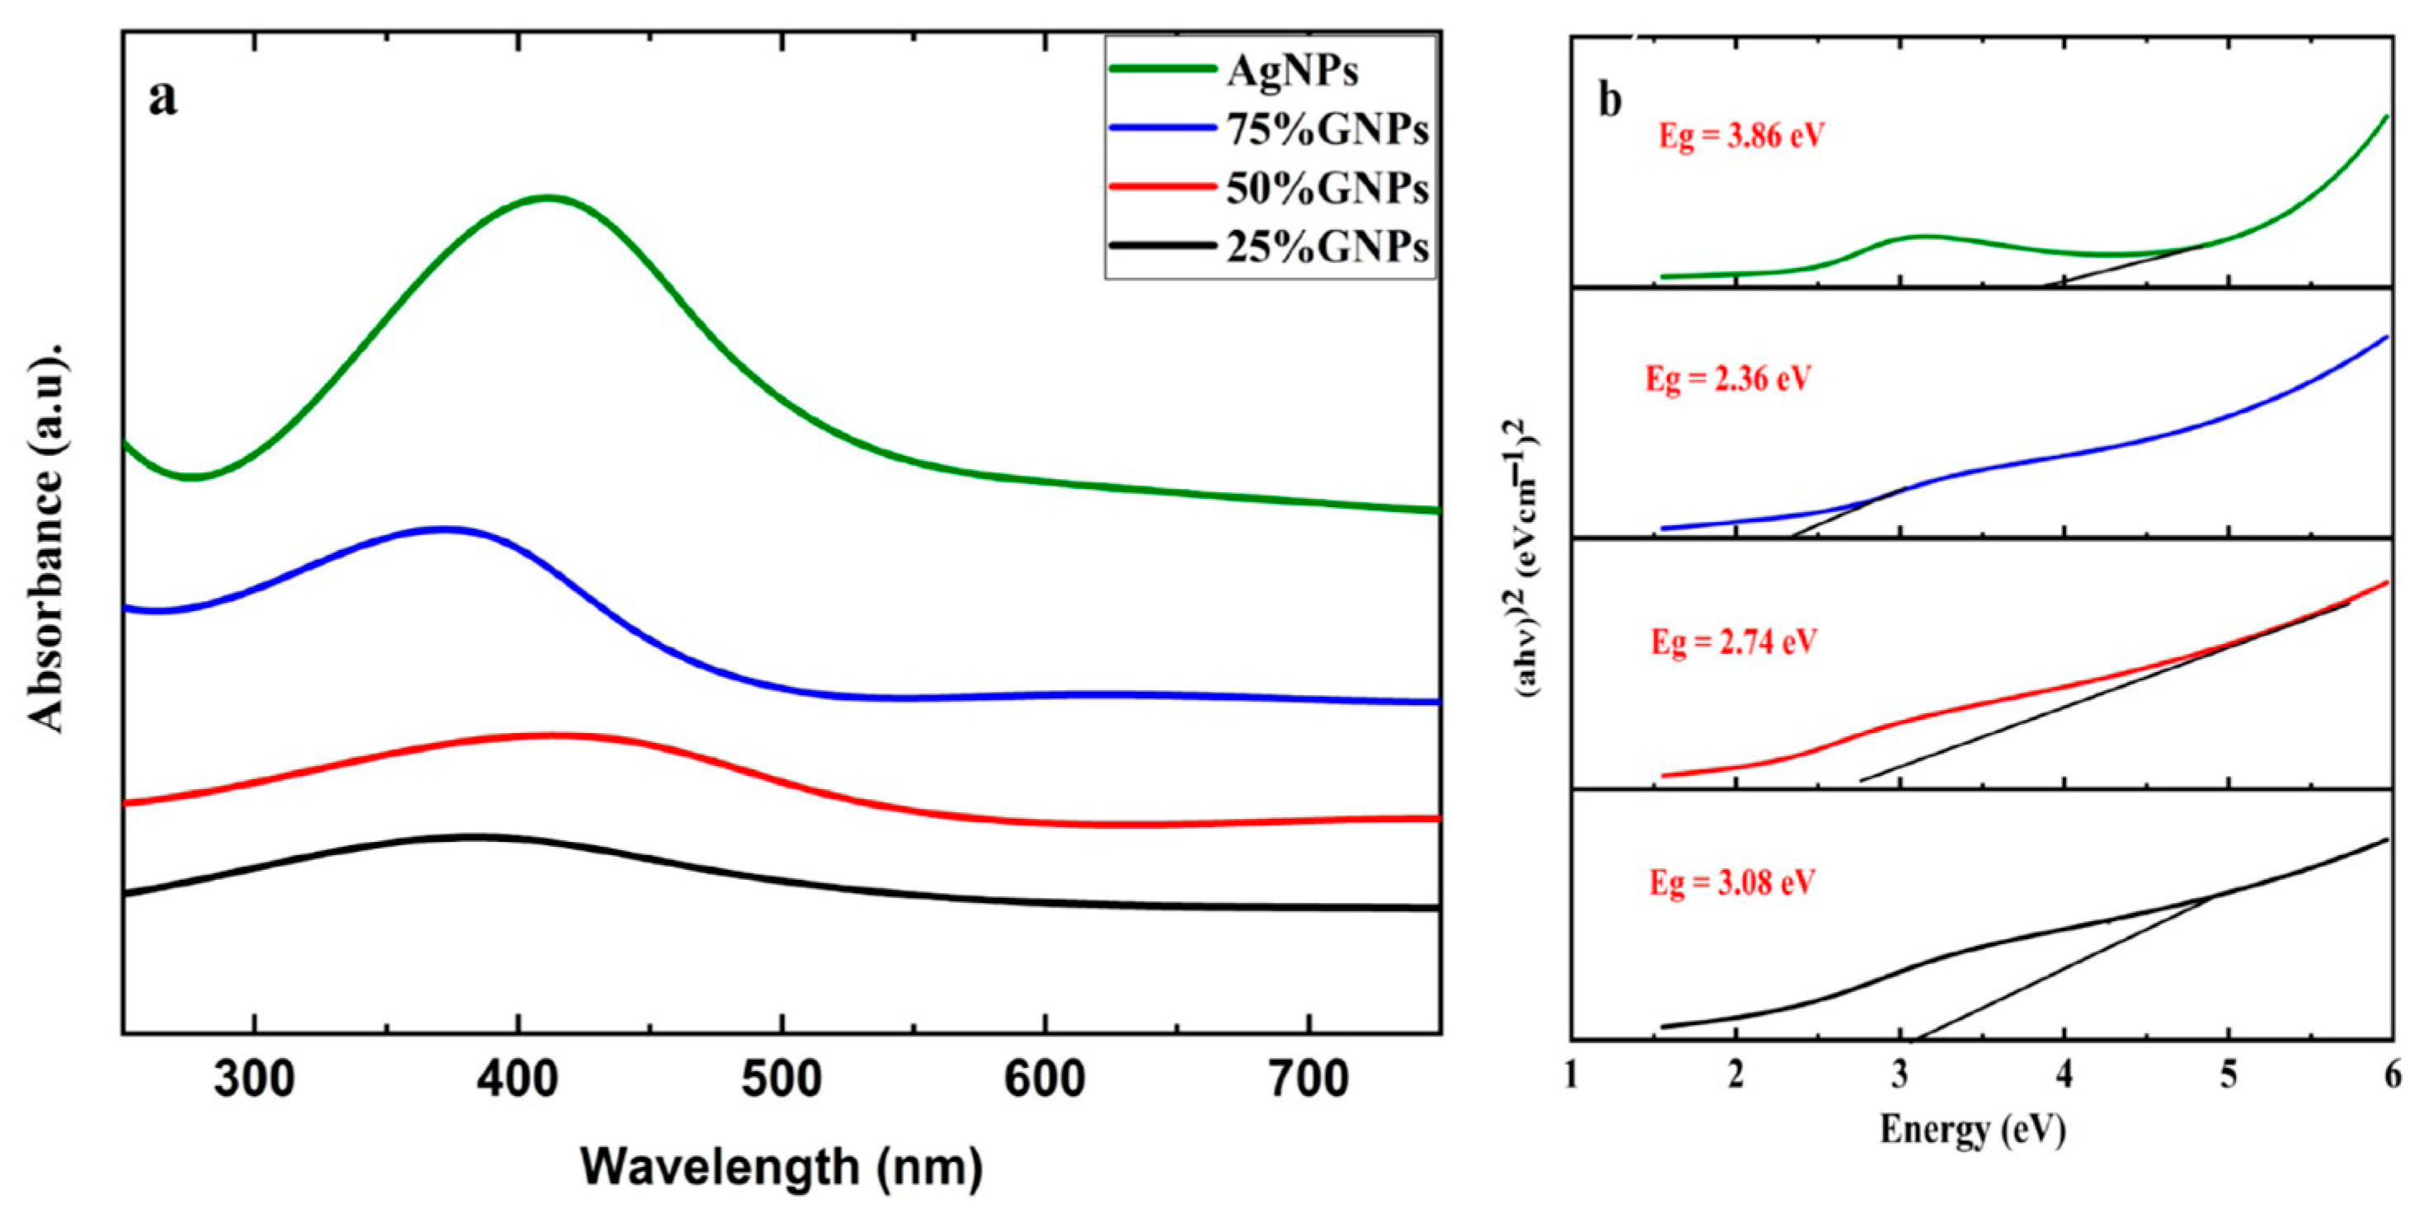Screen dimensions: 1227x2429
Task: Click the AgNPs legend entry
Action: point(1292,72)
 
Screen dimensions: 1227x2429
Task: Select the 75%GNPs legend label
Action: point(1327,130)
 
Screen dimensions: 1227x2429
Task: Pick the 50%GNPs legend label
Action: point(1327,189)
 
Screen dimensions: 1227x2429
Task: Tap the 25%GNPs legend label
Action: point(1327,247)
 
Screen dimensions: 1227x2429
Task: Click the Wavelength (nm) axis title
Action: point(781,1167)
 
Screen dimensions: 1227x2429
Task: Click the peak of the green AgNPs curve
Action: point(547,197)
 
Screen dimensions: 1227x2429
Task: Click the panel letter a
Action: point(162,97)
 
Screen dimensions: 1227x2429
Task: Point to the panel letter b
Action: point(1609,100)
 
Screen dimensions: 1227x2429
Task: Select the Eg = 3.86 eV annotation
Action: point(1741,136)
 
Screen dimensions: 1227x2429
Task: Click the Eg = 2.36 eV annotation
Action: point(1727,379)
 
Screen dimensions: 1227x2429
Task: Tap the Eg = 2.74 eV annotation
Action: point(1733,642)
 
